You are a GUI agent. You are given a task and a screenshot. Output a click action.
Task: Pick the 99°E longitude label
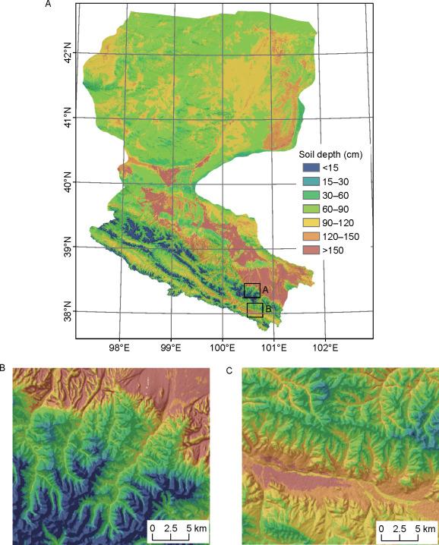click(171, 351)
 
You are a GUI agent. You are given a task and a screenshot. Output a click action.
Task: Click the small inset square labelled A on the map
click(251, 290)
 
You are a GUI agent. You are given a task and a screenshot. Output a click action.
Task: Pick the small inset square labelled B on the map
click(254, 310)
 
